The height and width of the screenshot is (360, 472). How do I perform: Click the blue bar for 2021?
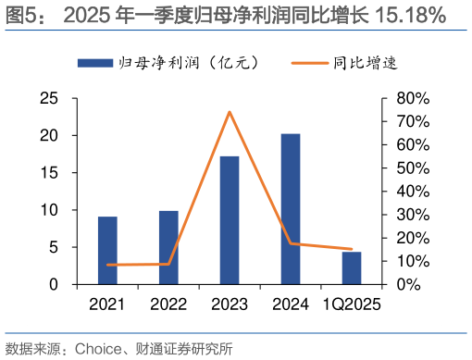[107, 251]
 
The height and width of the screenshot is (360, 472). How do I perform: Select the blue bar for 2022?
[168, 248]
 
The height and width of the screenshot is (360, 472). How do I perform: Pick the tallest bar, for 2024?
[291, 209]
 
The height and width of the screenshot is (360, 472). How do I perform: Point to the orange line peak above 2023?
[230, 112]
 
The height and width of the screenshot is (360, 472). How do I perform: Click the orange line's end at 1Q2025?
[352, 249]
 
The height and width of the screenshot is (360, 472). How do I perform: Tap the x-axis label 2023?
[230, 304]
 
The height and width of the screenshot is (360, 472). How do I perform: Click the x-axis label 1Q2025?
[352, 304]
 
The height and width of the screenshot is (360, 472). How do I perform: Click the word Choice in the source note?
[89, 349]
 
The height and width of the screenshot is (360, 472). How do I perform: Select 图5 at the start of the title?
[19, 15]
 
